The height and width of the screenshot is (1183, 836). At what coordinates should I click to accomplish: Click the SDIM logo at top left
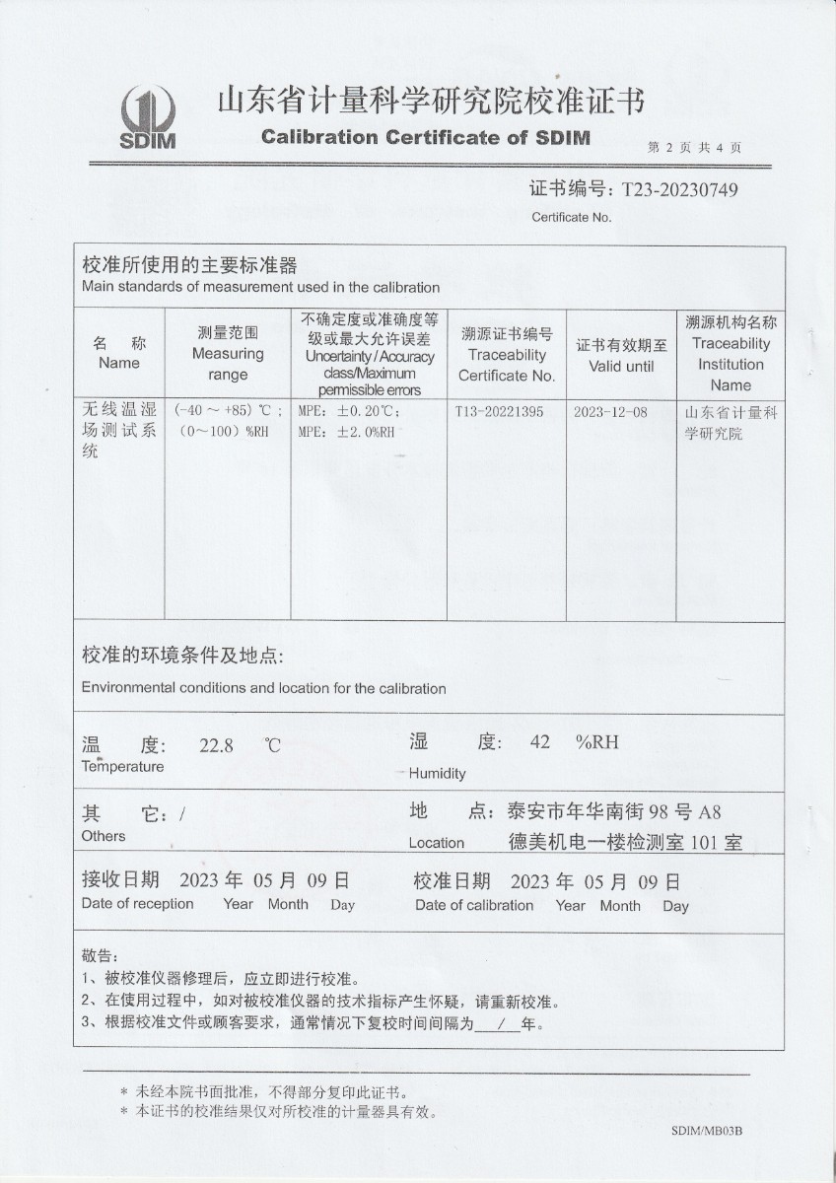click(148, 116)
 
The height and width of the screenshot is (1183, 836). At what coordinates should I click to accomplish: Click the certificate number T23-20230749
click(677, 189)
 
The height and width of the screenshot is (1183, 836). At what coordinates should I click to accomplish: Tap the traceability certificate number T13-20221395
click(500, 412)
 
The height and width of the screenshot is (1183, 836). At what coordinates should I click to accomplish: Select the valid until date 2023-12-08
click(610, 412)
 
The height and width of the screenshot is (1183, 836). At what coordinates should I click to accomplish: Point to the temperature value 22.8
click(216, 745)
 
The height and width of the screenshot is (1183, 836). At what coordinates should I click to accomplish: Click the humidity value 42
click(539, 742)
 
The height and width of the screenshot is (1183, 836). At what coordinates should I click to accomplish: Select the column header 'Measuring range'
click(228, 364)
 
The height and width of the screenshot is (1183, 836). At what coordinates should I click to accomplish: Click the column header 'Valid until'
click(621, 366)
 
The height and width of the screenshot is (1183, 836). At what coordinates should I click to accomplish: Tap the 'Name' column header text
click(119, 363)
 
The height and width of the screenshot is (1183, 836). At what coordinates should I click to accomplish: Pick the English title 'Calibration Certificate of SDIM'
click(426, 137)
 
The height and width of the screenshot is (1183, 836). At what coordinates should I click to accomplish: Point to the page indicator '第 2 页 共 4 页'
click(695, 148)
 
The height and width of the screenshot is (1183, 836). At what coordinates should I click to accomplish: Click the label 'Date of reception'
click(137, 903)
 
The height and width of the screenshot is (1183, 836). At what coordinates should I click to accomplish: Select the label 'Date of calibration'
click(474, 905)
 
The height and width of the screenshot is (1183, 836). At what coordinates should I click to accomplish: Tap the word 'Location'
click(437, 843)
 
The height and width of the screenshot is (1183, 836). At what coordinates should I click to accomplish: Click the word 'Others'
click(104, 836)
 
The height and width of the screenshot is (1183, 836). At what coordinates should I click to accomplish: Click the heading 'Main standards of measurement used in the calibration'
click(260, 287)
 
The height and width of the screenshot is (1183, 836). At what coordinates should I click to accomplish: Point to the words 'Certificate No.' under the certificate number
click(572, 217)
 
